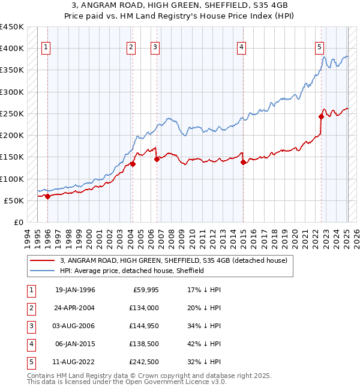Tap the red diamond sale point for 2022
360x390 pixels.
tap(321, 117)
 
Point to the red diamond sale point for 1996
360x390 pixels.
tap(47, 196)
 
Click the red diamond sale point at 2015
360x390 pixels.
tap(243, 162)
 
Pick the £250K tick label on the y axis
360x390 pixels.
tap(11, 113)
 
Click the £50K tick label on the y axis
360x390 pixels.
tap(14, 200)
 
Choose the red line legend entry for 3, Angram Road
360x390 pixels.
tap(174, 260)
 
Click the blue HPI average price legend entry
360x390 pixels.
tap(132, 271)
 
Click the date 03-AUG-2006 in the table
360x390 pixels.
tap(75, 326)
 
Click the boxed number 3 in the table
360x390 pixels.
tap(31, 326)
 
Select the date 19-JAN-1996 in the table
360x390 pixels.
tap(75, 290)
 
